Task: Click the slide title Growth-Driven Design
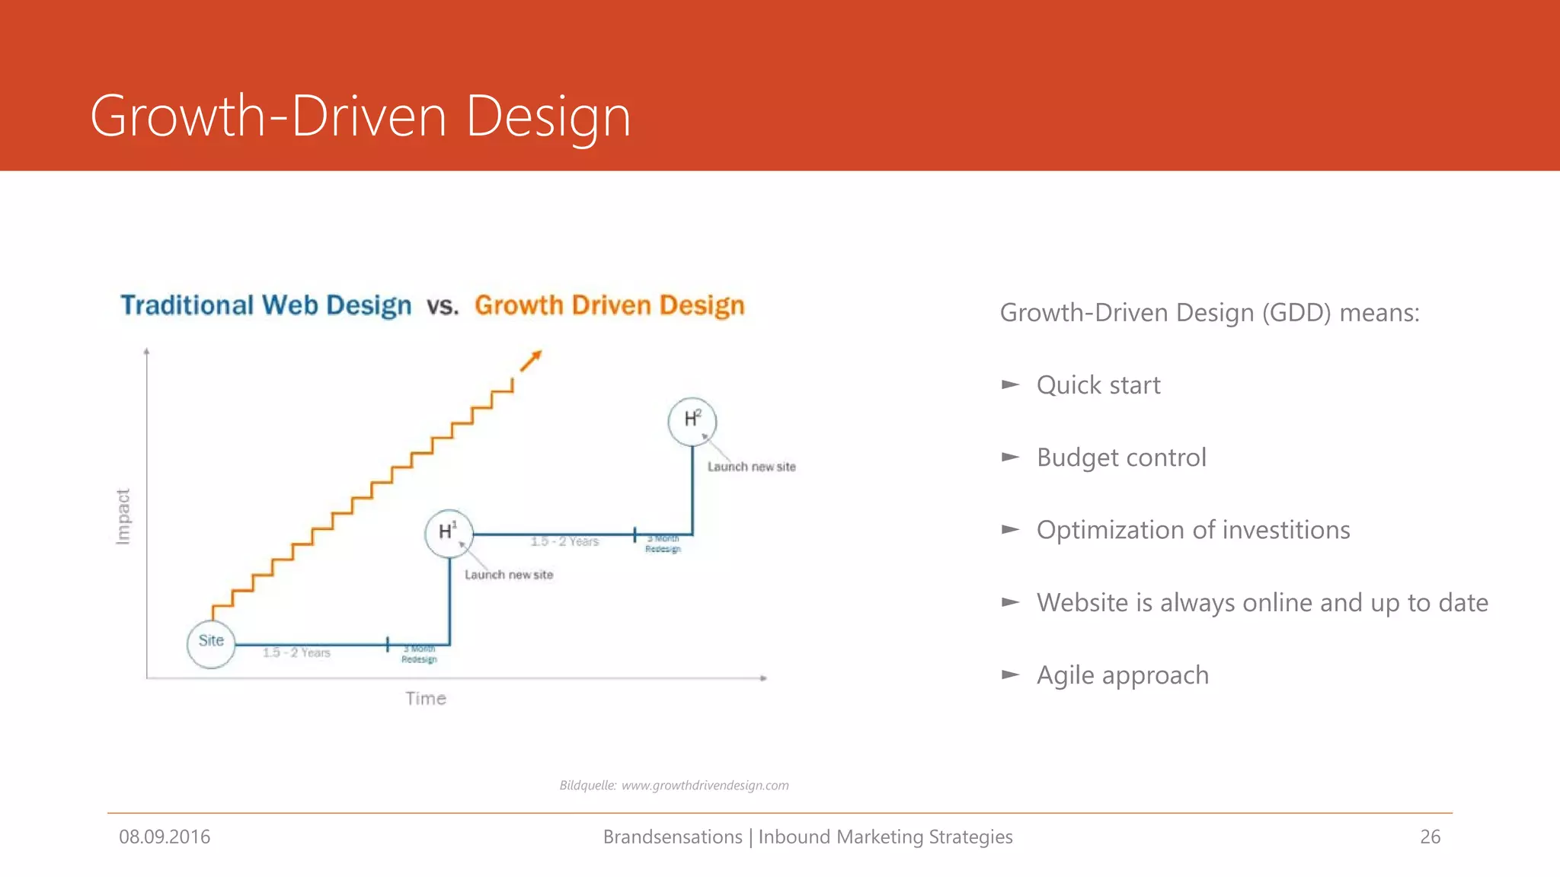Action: tap(360, 116)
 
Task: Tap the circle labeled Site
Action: tap(211, 643)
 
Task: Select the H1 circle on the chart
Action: tap(449, 533)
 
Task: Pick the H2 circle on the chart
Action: tap(692, 421)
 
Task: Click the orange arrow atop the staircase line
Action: tap(531, 360)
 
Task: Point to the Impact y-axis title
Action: tap(123, 516)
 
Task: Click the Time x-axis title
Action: tap(425, 698)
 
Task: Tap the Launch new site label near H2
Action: tap(751, 467)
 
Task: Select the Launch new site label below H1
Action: tap(509, 575)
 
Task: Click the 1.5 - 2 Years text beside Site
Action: tap(296, 652)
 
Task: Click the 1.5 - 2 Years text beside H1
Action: tap(564, 541)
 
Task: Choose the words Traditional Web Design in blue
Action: tap(266, 305)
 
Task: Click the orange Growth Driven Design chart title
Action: tap(609, 305)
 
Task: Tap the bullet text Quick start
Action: tap(1098, 385)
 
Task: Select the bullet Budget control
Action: tap(1120, 458)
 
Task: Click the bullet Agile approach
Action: tap(1122, 675)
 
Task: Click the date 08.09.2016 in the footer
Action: tap(165, 837)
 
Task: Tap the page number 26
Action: tap(1430, 837)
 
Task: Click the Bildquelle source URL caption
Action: tap(674, 785)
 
